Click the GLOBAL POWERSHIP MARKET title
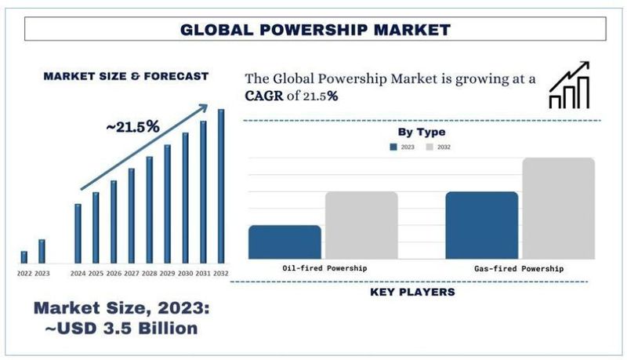coord(315,30)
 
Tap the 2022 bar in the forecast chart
coord(24,256)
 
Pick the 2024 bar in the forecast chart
coord(78,233)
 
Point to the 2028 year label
coord(149,273)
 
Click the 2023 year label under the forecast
coord(42,273)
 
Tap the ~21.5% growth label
coord(132,126)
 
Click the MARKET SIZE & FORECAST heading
coord(125,76)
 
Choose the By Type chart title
coord(422,132)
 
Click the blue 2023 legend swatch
coord(394,147)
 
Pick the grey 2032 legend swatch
coord(429,147)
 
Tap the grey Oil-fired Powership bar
coord(361,225)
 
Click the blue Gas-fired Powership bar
coord(481,225)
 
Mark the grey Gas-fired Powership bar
coord(558,208)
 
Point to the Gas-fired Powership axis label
coord(519,269)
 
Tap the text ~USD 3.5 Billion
coord(121,327)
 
